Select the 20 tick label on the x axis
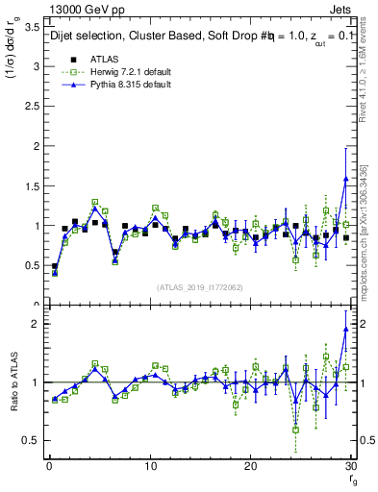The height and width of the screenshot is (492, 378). click(250, 467)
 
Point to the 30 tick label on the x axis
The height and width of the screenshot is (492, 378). click(350, 467)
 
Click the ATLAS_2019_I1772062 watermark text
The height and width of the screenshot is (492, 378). click(198, 286)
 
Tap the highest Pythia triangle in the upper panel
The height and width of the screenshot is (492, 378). click(345, 179)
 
